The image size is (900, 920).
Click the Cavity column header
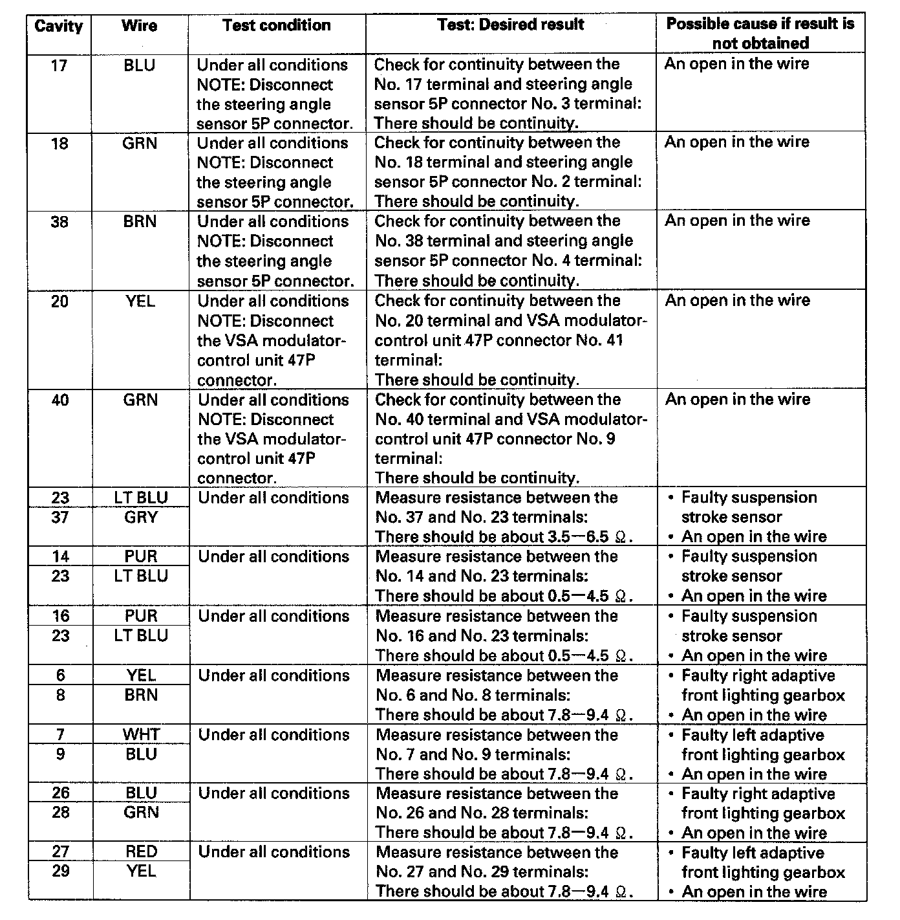pos(59,27)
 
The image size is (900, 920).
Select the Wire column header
pos(140,26)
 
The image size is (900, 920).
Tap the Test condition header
pos(277,25)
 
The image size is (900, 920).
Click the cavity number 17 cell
pos(59,65)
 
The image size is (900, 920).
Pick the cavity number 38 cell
pos(59,222)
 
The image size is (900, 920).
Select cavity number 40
pos(60,400)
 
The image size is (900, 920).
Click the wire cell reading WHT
pos(141,734)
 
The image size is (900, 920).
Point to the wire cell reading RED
pos(141,851)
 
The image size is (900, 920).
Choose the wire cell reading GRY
pos(141,517)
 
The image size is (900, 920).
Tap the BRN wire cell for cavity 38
pos(140,222)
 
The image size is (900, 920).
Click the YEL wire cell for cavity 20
pos(141,301)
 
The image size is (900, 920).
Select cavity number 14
pos(60,556)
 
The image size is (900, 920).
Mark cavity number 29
pos(60,871)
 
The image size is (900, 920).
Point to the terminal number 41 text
pos(614,340)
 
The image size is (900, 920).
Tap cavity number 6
pos(60,675)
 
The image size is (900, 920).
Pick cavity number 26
pos(60,793)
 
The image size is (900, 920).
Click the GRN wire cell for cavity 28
pos(141,813)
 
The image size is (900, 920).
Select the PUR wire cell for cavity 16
pos(141,616)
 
